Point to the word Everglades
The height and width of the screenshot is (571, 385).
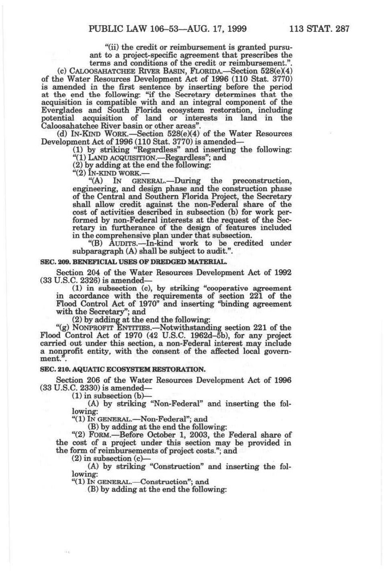[x=61, y=110]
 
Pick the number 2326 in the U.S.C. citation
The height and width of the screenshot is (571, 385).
[x=84, y=280]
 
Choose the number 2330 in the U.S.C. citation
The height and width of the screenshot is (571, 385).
[x=84, y=388]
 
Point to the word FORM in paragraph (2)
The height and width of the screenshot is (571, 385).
[x=99, y=435]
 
